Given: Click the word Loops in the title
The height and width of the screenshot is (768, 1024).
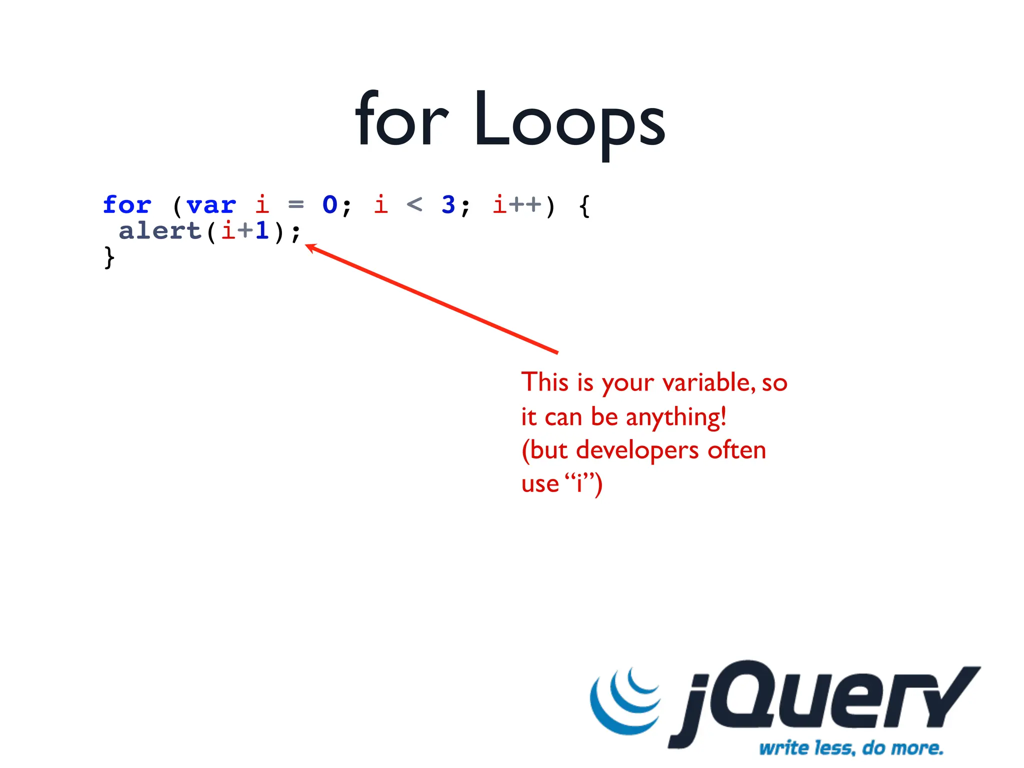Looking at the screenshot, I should (x=569, y=122).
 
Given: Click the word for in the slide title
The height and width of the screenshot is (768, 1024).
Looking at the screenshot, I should (x=401, y=120).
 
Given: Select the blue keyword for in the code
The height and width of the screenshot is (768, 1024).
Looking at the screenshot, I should (x=127, y=205).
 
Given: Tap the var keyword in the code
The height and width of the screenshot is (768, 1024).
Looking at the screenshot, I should (x=211, y=205).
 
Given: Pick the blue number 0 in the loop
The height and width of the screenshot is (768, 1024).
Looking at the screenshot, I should (x=329, y=204).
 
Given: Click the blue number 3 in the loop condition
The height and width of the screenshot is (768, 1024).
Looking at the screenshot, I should (x=448, y=204).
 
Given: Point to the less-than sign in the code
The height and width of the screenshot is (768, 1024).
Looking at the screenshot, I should (x=414, y=204).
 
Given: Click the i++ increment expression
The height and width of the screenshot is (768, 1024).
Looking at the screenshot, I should (x=517, y=204).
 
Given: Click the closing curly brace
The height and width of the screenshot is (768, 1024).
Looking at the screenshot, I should (x=109, y=257).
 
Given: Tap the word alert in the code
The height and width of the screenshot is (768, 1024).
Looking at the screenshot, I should (x=160, y=231).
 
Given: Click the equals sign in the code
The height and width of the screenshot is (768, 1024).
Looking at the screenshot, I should (x=296, y=204).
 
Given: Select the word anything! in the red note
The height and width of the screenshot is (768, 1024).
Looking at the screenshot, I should (x=676, y=417).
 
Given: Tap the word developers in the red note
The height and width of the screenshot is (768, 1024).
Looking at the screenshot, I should (x=637, y=450).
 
